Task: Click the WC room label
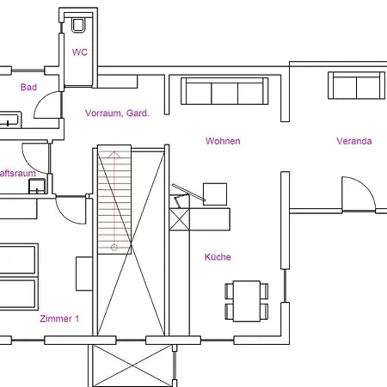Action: click(x=79, y=52)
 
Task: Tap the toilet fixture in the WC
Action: click(x=80, y=24)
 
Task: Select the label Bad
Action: click(x=28, y=87)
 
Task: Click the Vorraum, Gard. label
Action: click(x=117, y=113)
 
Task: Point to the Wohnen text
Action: click(x=223, y=141)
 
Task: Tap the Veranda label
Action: click(x=353, y=141)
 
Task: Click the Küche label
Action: click(x=218, y=256)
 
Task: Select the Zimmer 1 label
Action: click(x=59, y=318)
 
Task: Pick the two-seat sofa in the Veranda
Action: click(x=353, y=85)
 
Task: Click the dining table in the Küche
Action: click(x=247, y=300)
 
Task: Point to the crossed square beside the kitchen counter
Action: click(x=179, y=218)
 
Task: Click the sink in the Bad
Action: click(x=10, y=120)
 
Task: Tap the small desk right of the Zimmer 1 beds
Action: click(x=83, y=273)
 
